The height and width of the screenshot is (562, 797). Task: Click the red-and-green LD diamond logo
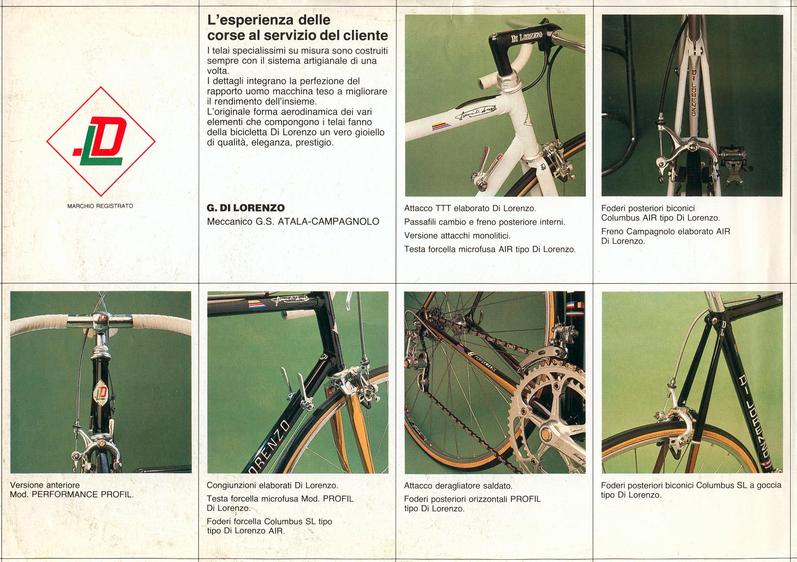(101, 142)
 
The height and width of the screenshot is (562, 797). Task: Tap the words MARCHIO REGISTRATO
(100, 206)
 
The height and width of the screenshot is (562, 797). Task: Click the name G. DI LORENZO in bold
(246, 208)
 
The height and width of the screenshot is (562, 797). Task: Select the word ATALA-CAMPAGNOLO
(329, 222)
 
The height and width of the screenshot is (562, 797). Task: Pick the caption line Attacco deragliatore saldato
(458, 486)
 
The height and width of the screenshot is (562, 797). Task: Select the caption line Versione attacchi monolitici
(457, 236)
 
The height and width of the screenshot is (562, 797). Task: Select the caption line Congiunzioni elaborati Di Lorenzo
(272, 486)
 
